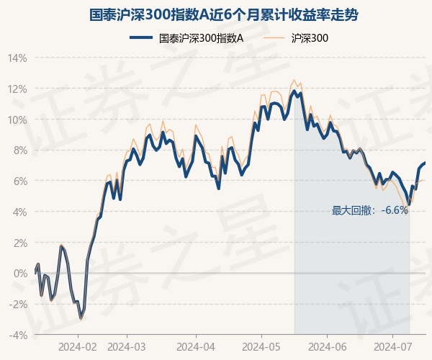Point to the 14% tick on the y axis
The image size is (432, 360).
click(x=18, y=58)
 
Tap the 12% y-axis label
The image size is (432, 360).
click(x=18, y=89)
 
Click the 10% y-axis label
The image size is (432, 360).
click(x=18, y=120)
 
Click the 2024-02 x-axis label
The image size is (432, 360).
click(x=78, y=347)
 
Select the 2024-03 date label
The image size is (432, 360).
click(x=127, y=347)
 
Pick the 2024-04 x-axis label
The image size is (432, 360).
click(x=197, y=347)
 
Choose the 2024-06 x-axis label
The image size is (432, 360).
click(x=328, y=347)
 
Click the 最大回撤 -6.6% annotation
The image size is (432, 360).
click(x=370, y=211)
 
